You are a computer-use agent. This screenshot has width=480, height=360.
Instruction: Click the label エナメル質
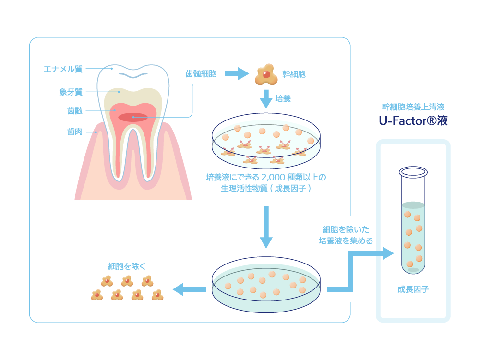[63, 69]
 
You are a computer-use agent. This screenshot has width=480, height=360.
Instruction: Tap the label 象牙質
[71, 91]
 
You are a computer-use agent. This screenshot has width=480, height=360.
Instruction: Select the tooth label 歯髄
[74, 111]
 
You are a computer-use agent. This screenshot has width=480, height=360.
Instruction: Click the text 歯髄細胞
[201, 74]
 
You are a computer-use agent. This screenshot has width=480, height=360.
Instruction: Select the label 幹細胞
[294, 74]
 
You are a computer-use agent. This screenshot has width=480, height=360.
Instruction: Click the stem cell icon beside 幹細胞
[265, 73]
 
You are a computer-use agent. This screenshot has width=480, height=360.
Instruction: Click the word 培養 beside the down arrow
[283, 98]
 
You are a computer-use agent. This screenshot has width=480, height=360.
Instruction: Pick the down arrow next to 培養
[265, 99]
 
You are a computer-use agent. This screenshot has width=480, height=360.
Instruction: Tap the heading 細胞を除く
[127, 266]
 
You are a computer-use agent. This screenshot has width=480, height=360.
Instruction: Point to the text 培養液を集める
[346, 241]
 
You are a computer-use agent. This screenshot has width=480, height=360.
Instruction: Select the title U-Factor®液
[413, 121]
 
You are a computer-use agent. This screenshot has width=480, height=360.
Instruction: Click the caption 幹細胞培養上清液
[413, 107]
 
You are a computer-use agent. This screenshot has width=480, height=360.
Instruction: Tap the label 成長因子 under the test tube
[413, 289]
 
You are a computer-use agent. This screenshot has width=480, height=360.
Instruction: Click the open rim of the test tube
[413, 171]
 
